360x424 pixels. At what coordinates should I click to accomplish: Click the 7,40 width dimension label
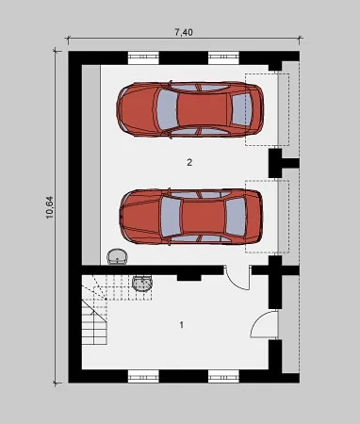tap(184, 32)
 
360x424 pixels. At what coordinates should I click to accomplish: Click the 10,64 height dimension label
tap(50, 207)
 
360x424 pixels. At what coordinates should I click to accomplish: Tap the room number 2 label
tap(189, 162)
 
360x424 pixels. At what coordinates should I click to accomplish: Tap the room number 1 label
tap(181, 325)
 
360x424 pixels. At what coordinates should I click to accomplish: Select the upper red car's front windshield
tap(167, 109)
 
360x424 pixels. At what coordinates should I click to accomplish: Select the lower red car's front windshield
tap(171, 217)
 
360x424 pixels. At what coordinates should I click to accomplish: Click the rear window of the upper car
tap(241, 109)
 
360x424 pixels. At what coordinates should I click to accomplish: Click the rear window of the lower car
tap(236, 216)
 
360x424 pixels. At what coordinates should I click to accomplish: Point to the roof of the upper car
tap(203, 109)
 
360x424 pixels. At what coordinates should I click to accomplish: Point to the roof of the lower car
tap(203, 217)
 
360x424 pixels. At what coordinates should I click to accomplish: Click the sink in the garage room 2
tap(118, 256)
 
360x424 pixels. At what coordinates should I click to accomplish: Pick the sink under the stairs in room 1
tap(143, 284)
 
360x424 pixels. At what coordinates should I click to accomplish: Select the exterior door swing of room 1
tap(262, 323)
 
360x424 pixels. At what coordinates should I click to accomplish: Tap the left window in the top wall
tap(143, 57)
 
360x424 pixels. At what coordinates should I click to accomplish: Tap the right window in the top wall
tap(223, 57)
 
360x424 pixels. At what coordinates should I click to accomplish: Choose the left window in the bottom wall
tap(143, 376)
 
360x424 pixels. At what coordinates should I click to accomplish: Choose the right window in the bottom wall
tap(223, 376)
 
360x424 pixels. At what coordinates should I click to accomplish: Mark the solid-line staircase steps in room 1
tap(94, 322)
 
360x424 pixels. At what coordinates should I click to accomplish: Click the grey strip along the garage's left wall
tap(91, 165)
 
